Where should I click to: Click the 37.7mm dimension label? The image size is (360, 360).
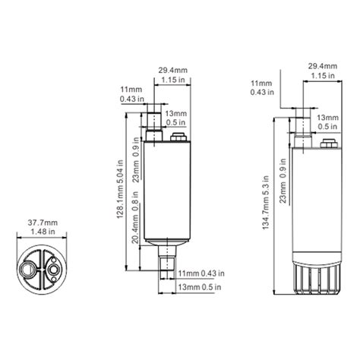(43, 223)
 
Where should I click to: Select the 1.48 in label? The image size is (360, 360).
(43, 232)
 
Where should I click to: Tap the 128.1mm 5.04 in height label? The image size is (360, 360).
(121, 189)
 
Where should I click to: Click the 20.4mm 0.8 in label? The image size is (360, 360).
(135, 217)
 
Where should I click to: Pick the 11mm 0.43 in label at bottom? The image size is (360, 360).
(201, 273)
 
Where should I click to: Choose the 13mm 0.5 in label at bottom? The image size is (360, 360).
(200, 287)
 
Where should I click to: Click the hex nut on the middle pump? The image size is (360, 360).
(178, 137)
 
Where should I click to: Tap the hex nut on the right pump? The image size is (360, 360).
(329, 144)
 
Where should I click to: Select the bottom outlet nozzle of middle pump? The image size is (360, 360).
(167, 261)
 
